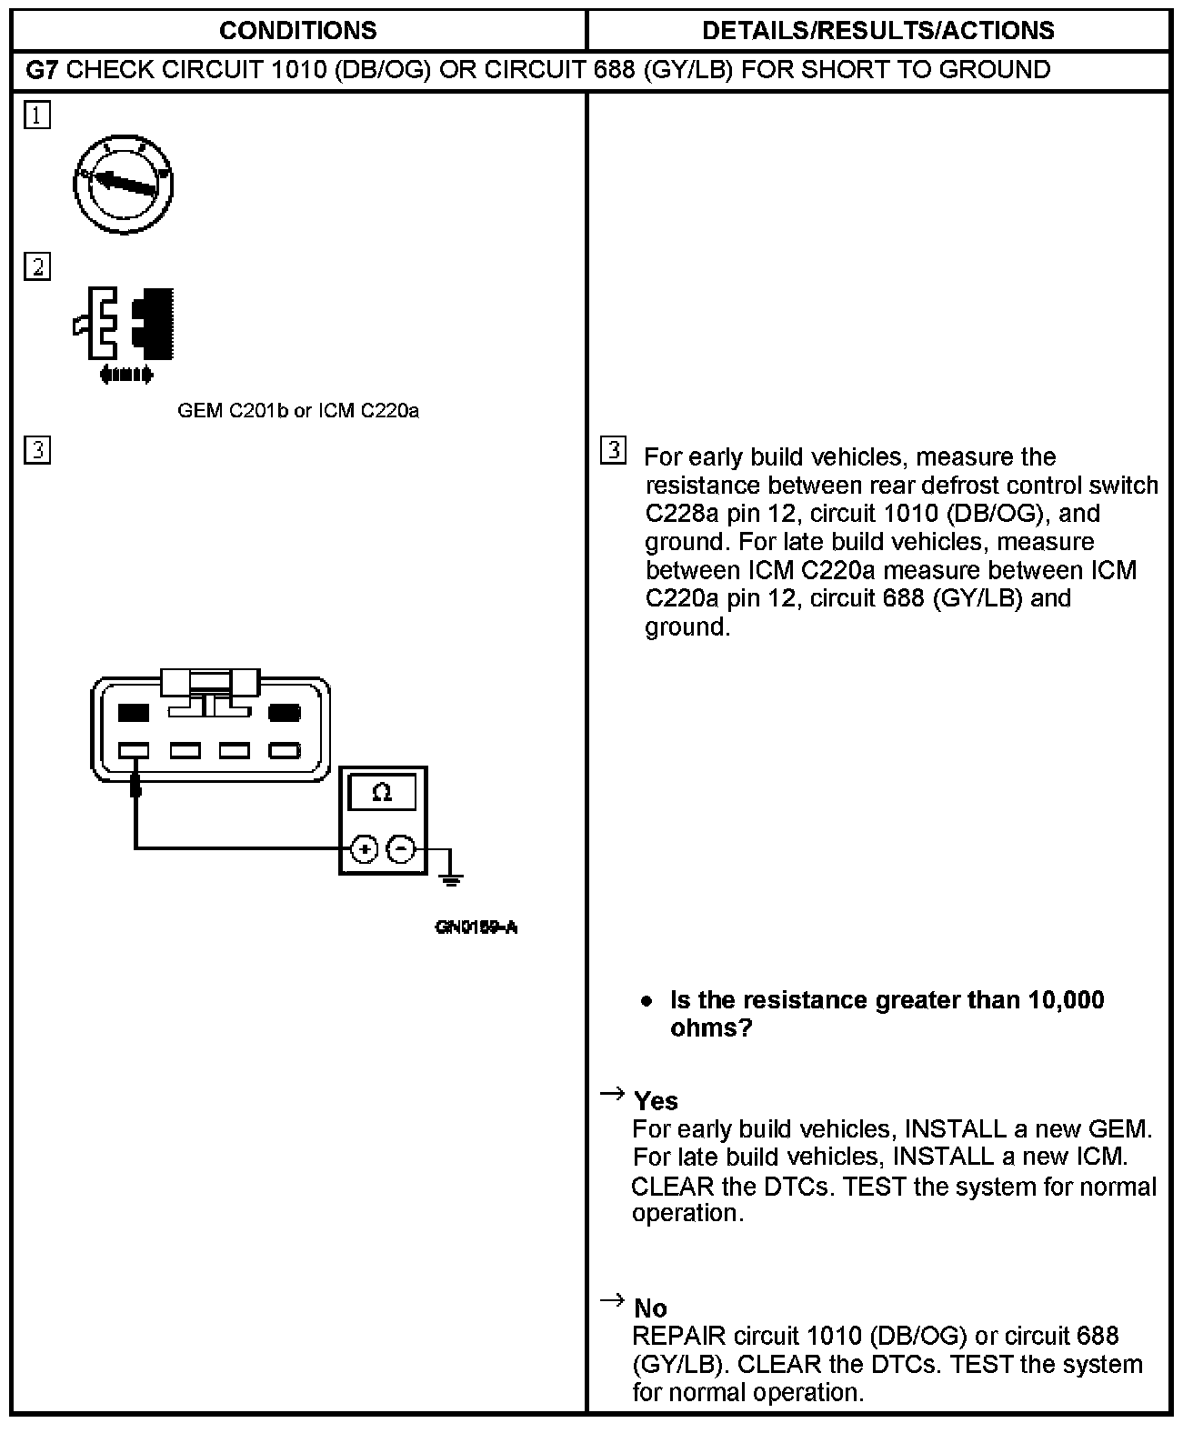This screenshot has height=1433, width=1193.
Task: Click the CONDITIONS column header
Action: pyautogui.click(x=297, y=31)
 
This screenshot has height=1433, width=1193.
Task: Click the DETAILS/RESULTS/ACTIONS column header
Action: pyautogui.click(x=877, y=31)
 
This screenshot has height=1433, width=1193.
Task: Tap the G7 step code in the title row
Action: pyautogui.click(x=42, y=70)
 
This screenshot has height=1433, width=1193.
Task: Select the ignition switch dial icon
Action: pyautogui.click(x=123, y=185)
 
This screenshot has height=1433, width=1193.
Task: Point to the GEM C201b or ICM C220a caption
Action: pyautogui.click(x=298, y=411)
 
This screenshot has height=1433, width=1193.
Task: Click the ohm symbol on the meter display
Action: pyautogui.click(x=382, y=793)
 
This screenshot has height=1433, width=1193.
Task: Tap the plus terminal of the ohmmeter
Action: pyautogui.click(x=364, y=849)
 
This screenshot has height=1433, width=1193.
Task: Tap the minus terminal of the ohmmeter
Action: pyautogui.click(x=401, y=849)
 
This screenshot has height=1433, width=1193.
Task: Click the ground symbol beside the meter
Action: pyautogui.click(x=449, y=877)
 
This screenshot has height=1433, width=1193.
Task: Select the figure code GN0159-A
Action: pyautogui.click(x=476, y=927)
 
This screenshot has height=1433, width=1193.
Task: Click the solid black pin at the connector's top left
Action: pyautogui.click(x=134, y=713)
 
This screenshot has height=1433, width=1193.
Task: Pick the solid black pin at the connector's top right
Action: pyautogui.click(x=285, y=713)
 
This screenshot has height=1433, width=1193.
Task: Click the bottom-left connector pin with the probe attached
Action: pyautogui.click(x=135, y=751)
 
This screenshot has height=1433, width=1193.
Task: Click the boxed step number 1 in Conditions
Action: pyautogui.click(x=37, y=115)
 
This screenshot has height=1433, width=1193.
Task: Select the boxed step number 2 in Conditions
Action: pyautogui.click(x=37, y=267)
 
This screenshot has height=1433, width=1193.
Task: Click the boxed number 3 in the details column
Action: pyautogui.click(x=614, y=450)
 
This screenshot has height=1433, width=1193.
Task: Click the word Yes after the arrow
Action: pyautogui.click(x=656, y=1101)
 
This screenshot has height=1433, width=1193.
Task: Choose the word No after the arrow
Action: pyautogui.click(x=650, y=1308)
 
